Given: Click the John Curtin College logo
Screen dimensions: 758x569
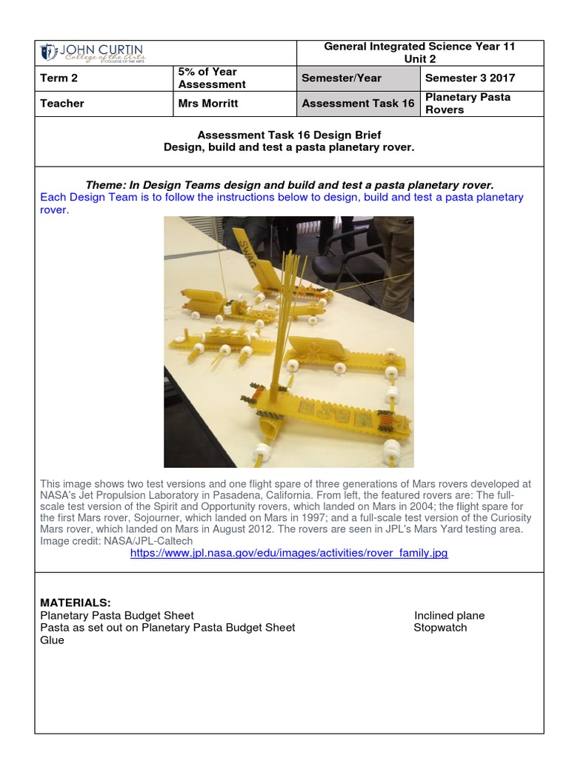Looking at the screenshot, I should [x=92, y=53].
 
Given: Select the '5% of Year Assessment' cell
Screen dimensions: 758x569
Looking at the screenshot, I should [x=212, y=78].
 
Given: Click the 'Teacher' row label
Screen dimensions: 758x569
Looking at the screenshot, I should [x=62, y=103].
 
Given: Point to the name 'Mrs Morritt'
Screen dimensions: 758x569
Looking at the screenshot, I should [x=208, y=103].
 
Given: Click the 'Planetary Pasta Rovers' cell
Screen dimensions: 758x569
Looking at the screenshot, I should [x=467, y=103].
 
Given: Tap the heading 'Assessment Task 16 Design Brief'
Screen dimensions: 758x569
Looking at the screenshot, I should [x=289, y=135].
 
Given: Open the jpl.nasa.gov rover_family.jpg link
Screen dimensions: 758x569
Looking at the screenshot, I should [x=289, y=553].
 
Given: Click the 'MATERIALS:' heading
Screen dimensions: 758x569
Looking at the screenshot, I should [x=76, y=603].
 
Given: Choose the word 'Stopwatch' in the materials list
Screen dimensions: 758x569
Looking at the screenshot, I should [x=440, y=627].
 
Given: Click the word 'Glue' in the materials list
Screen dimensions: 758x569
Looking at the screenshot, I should [x=52, y=640].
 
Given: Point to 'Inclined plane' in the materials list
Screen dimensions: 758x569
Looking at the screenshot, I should [x=449, y=615].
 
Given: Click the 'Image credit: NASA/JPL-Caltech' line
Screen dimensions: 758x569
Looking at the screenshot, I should [x=116, y=541].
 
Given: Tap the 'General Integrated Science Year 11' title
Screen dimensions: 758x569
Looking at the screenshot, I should [x=419, y=47].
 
